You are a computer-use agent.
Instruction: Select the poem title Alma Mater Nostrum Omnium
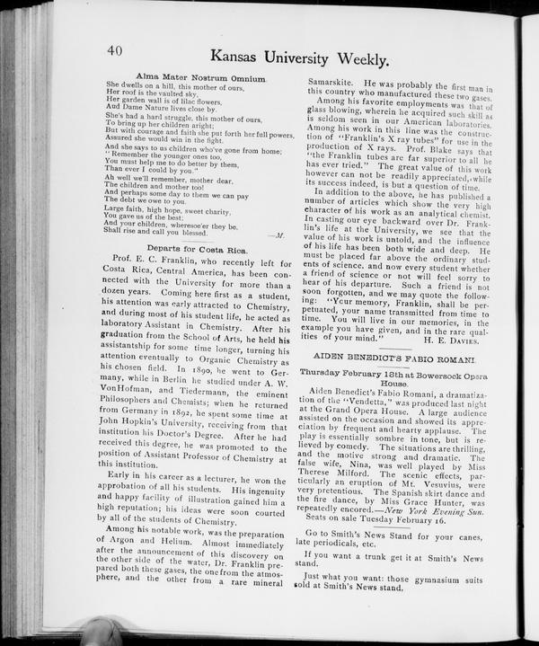point(200,78)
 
